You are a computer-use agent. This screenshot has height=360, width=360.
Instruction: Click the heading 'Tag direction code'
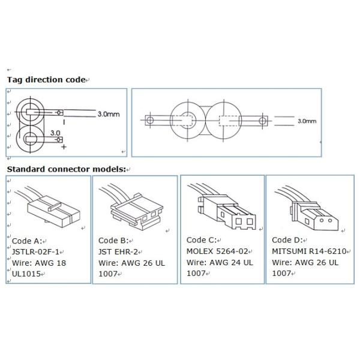pos(46,80)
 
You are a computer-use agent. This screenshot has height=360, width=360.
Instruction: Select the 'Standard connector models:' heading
pos(67,169)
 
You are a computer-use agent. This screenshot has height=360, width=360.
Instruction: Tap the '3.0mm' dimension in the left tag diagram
pos(109,114)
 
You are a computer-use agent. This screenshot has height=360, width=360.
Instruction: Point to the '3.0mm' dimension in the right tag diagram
pos(307,121)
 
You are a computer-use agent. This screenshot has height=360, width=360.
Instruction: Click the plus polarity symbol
pos(64,147)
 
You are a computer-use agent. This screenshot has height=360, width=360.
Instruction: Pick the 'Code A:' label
pos(27,241)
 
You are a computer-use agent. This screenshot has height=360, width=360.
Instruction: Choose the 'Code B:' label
pos(113,241)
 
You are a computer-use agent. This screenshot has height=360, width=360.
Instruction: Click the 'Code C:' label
pos(202,240)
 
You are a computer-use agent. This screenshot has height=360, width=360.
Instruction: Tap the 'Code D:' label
pos(287,240)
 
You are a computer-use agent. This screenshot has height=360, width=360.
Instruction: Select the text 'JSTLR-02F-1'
pos(35,252)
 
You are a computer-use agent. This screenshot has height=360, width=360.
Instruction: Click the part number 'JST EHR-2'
pos(118,252)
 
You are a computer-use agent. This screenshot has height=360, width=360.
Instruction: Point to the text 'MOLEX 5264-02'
pos(217,251)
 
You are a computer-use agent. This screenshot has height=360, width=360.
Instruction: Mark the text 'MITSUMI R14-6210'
pos(309,251)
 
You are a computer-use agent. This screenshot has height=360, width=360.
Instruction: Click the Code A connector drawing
pos(49,208)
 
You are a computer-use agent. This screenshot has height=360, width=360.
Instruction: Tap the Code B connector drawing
pos(131,206)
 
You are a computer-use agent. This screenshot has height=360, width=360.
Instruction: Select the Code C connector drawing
pos(222,206)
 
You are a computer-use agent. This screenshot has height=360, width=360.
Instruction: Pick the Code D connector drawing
pos(307,208)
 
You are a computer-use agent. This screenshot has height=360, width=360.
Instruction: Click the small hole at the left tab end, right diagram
pos(150,120)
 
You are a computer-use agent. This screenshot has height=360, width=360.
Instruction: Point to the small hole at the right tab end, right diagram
pos(262,121)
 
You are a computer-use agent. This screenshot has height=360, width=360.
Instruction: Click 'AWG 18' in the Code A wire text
pos(50,263)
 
